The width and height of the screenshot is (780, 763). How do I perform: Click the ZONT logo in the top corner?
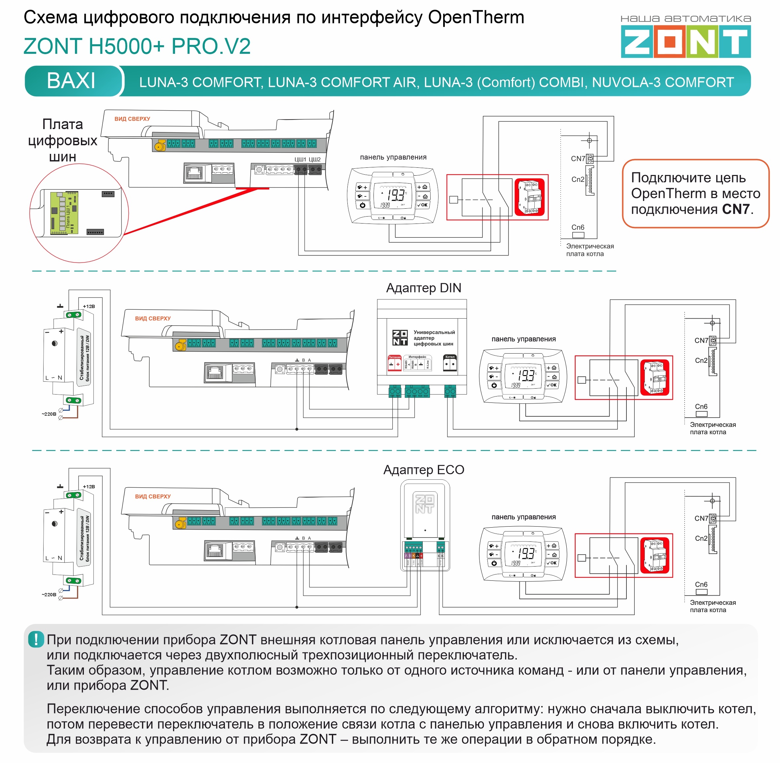pyautogui.click(x=686, y=41)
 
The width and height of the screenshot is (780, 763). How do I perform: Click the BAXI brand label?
pyautogui.click(x=71, y=81)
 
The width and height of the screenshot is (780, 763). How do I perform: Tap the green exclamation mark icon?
pyautogui.click(x=36, y=639)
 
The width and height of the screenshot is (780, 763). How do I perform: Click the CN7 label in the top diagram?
pyautogui.click(x=578, y=159)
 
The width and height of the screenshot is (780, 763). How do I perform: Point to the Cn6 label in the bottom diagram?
pyautogui.click(x=701, y=584)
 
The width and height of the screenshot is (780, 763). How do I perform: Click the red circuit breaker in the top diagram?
pyautogui.click(x=529, y=197)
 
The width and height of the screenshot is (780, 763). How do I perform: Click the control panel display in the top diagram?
pyautogui.click(x=393, y=195)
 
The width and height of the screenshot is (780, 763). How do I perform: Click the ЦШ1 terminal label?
pyautogui.click(x=300, y=159)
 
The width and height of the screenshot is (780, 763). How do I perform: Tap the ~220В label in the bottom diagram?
pyautogui.click(x=49, y=594)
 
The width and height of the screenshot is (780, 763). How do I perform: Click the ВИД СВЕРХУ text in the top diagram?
pyautogui.click(x=132, y=119)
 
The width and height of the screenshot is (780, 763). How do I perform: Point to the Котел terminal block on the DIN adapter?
pyautogui.click(x=450, y=363)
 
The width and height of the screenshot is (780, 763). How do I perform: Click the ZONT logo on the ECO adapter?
pyautogui.click(x=424, y=504)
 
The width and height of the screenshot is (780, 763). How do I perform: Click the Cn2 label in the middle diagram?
pyautogui.click(x=701, y=360)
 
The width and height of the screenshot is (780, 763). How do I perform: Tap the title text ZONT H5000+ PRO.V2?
pyautogui.click(x=137, y=46)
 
